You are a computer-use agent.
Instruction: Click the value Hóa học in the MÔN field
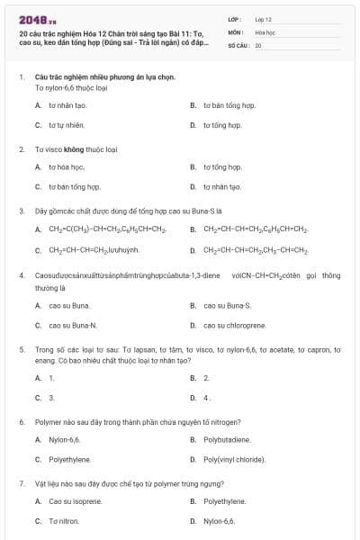click(x=265, y=31)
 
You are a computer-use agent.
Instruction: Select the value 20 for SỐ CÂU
click(x=258, y=44)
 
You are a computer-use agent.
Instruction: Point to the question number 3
click(x=21, y=211)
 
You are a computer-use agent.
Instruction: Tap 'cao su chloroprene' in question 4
click(x=234, y=325)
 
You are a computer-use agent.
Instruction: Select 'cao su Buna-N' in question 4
click(x=73, y=325)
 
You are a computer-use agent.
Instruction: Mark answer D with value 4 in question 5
click(x=207, y=397)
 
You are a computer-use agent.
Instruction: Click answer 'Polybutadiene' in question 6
click(x=227, y=440)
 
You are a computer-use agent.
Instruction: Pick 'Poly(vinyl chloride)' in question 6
click(x=234, y=460)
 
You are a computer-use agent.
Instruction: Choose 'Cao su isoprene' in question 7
click(x=76, y=501)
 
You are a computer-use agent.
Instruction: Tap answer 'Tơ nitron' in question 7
click(x=64, y=521)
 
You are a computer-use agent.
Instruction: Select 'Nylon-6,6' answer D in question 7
click(x=219, y=521)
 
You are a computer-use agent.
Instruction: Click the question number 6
click(x=21, y=421)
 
